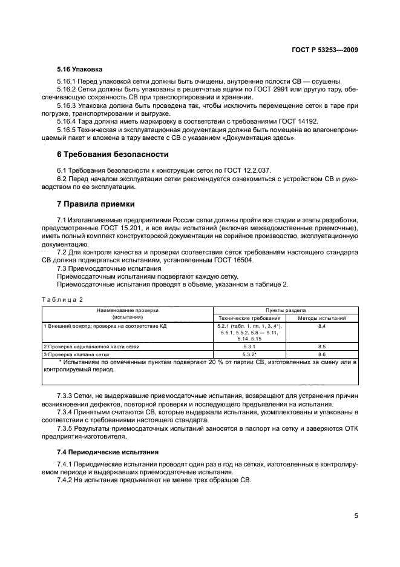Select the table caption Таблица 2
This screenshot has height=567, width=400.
point(62,299)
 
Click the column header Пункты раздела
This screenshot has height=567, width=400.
point(286,310)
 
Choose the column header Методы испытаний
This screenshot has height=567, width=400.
point(322,317)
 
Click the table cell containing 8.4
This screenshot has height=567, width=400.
point(322,326)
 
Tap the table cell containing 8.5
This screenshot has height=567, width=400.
point(322,346)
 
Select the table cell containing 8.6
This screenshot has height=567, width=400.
point(322,354)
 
